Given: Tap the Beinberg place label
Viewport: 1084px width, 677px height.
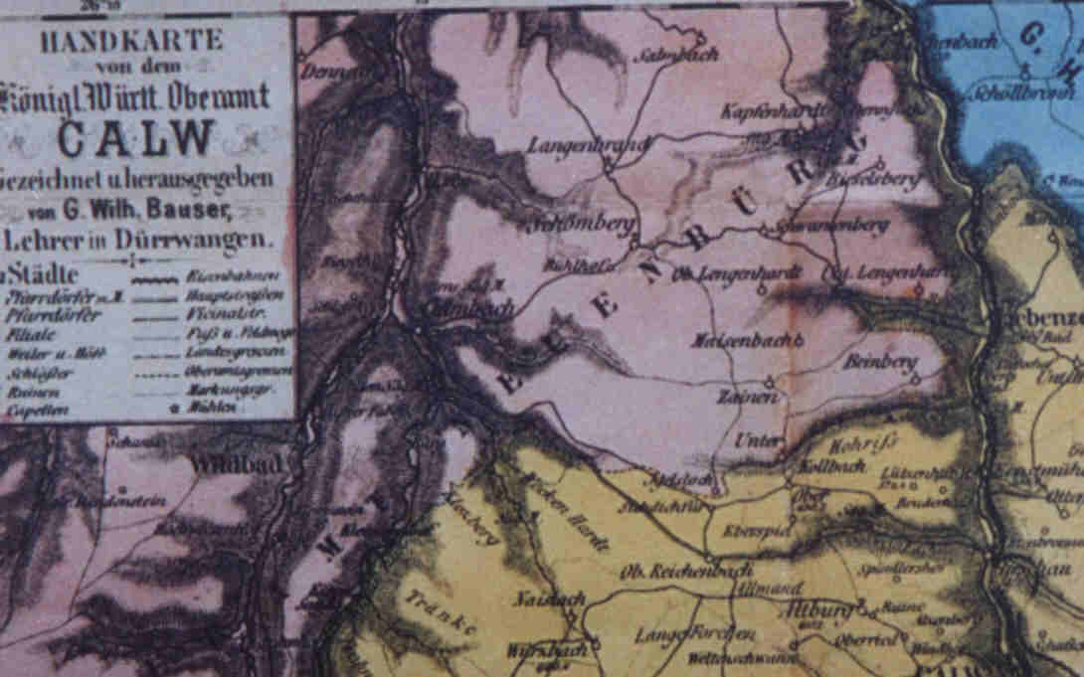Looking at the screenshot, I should (879, 364).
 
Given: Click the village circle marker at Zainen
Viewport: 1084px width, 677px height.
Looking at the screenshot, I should (769, 380).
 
